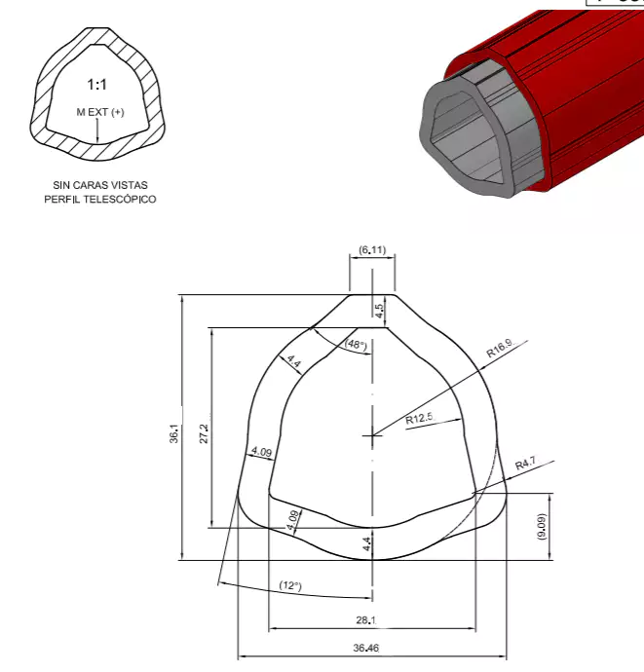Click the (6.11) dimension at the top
pos(372,250)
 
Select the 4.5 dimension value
pos(379,310)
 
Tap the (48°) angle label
pos(355,345)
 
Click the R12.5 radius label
pos(419,419)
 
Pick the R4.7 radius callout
pos(526,465)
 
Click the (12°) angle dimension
pos(290,585)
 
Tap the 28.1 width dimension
pos(370,619)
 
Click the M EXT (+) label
pos(100,112)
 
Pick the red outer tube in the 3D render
pos(585,107)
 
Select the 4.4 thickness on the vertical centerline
pos(366,543)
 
